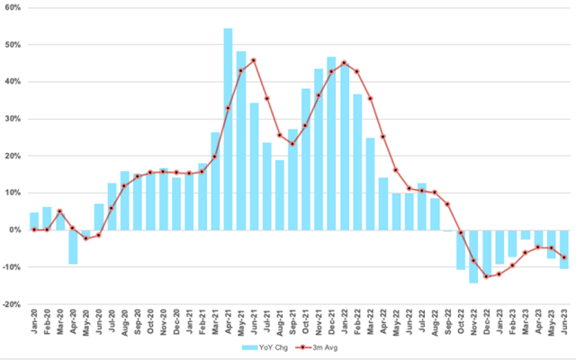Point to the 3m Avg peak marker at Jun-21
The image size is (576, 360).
(254, 60)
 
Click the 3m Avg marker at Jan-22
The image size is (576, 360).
(344, 62)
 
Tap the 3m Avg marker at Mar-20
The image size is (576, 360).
(59, 211)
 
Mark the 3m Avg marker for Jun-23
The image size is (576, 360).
(563, 257)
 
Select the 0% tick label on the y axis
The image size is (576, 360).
(15, 230)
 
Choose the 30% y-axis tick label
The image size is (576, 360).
(13, 119)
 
